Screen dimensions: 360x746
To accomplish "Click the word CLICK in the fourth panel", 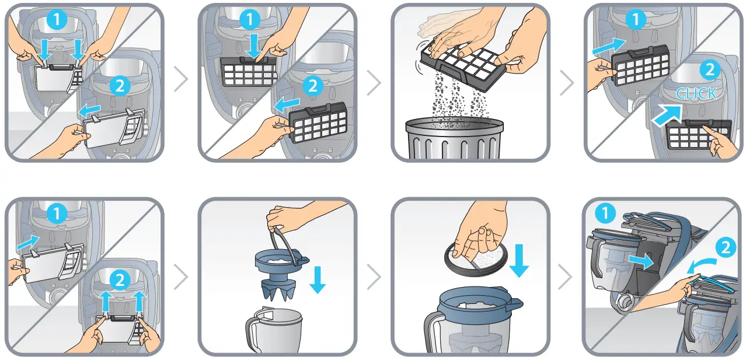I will (x=696, y=94).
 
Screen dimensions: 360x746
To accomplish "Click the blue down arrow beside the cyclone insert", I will (x=317, y=279).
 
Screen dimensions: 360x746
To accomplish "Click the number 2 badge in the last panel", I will (x=724, y=247).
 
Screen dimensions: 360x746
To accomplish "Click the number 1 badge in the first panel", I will (x=57, y=20).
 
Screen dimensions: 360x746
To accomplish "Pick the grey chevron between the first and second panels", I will (x=181, y=81).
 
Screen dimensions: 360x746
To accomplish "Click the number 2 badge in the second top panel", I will (x=312, y=86).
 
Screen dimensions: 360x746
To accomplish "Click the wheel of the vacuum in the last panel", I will (x=625, y=303).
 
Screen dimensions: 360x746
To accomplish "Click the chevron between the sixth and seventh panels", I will (x=374, y=279).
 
